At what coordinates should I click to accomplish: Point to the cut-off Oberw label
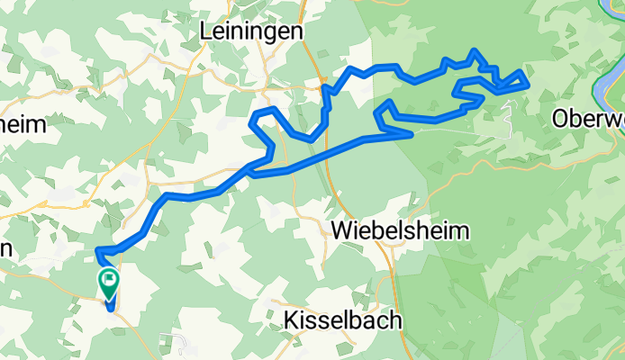click(x=588, y=118)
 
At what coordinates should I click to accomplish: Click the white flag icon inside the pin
click(x=109, y=281)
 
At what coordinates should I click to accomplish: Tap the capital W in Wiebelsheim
click(x=343, y=230)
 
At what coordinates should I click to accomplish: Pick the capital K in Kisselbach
click(x=291, y=319)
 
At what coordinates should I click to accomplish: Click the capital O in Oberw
click(x=562, y=118)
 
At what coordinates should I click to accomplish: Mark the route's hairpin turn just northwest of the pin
click(x=97, y=250)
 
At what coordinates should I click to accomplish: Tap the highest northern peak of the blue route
click(x=475, y=51)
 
